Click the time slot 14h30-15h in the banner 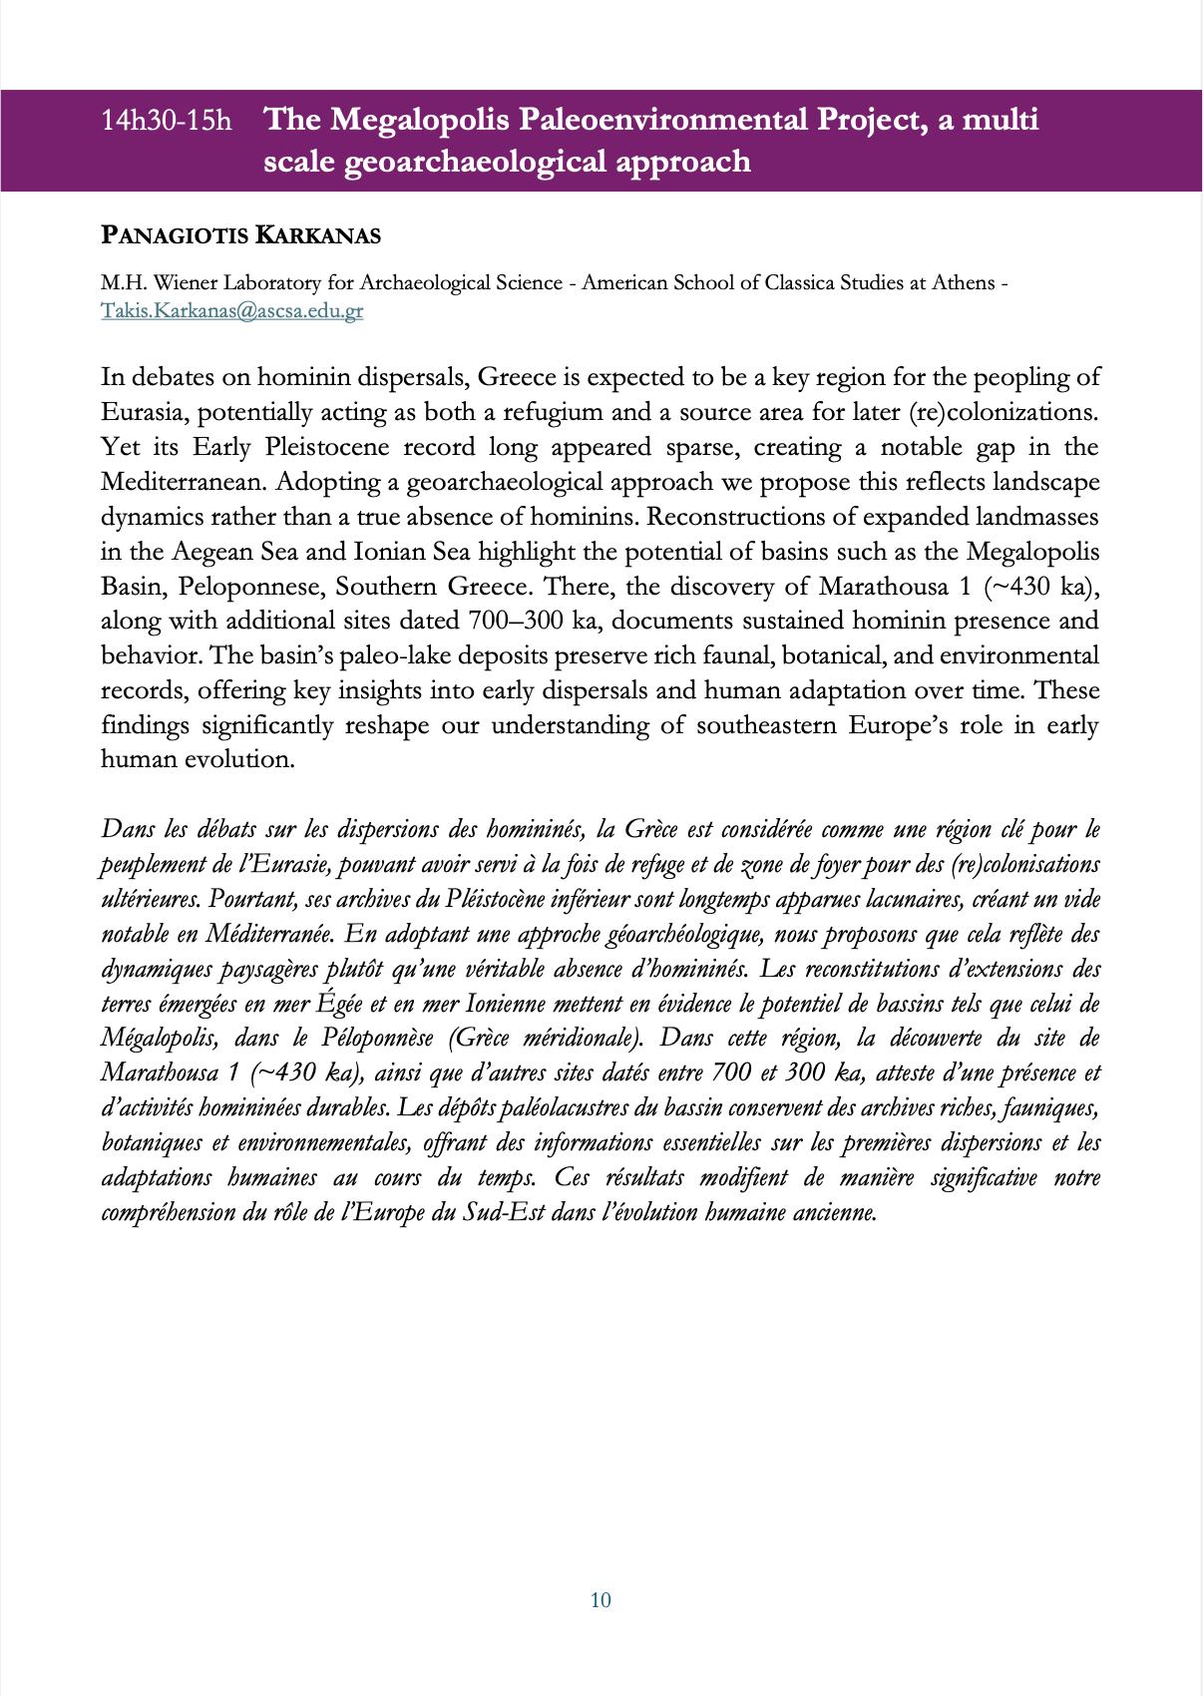click(166, 121)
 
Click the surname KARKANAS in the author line click(318, 236)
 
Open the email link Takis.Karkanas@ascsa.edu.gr click(231, 310)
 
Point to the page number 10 click(601, 1600)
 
